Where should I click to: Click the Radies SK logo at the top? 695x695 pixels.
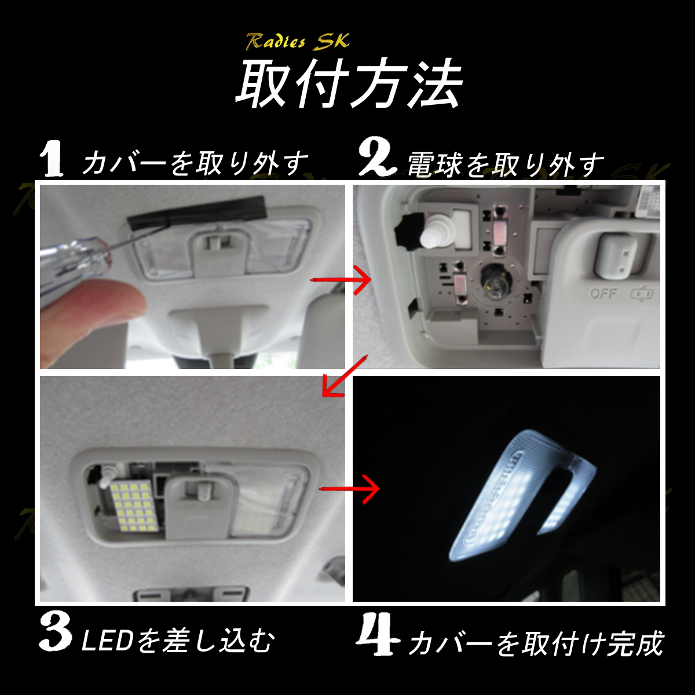(298, 42)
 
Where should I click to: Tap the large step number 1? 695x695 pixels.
(53, 159)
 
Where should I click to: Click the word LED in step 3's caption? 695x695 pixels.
(107, 642)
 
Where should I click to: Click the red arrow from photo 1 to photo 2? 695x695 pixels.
(341, 280)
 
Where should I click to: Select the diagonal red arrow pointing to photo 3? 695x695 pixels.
(343, 377)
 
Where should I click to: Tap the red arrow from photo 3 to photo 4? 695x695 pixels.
(349, 489)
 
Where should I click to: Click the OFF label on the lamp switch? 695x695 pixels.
(603, 294)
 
